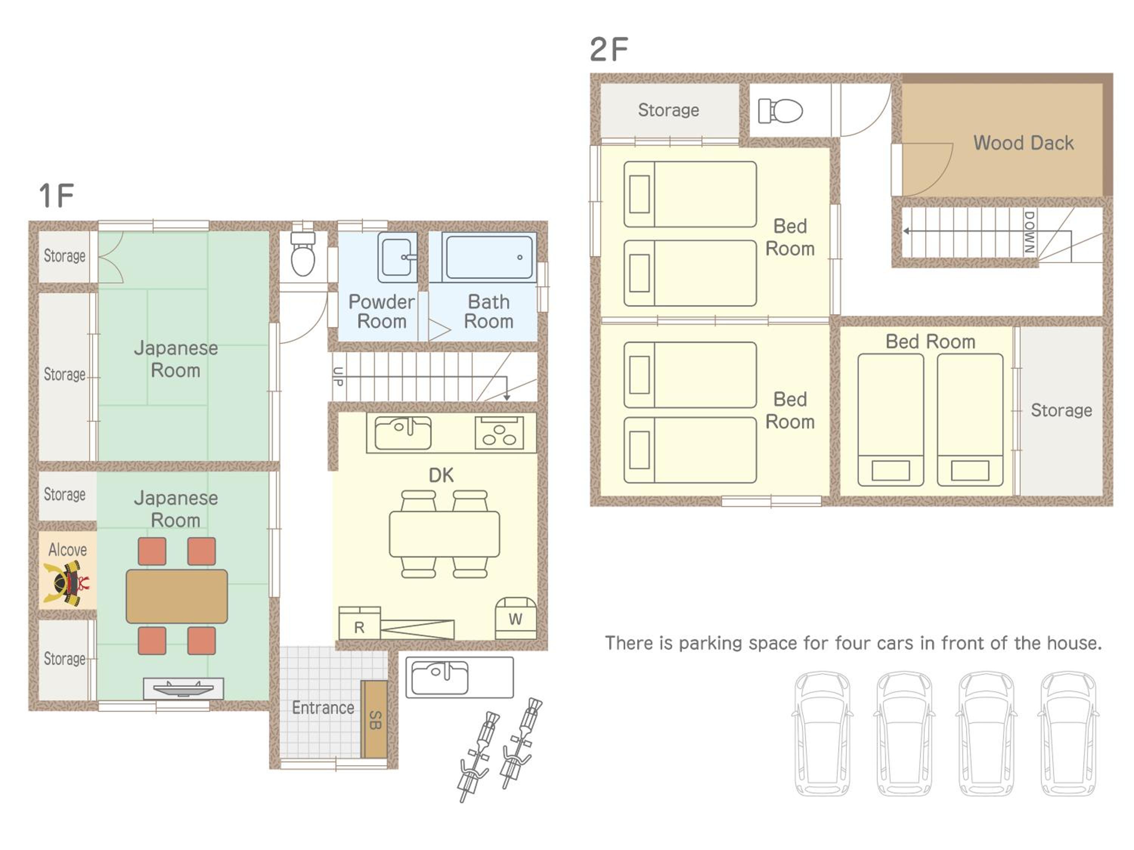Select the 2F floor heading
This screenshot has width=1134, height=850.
pyautogui.click(x=609, y=50)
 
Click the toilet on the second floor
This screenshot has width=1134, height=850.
pyautogui.click(x=780, y=111)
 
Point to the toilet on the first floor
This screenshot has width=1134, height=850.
pyautogui.click(x=303, y=253)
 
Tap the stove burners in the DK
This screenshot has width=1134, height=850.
pyautogui.click(x=499, y=433)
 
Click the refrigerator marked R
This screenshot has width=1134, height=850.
pyautogui.click(x=359, y=623)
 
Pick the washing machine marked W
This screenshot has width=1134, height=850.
pyautogui.click(x=516, y=618)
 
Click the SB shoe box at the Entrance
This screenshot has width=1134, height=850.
pyautogui.click(x=374, y=719)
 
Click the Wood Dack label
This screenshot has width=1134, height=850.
pyautogui.click(x=1023, y=143)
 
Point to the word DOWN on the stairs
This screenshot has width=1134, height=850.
pyautogui.click(x=1029, y=232)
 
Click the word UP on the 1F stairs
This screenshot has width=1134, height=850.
pyautogui.click(x=338, y=377)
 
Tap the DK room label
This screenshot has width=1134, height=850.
pyautogui.click(x=441, y=476)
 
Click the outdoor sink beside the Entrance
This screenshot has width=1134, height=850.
pyautogui.click(x=459, y=677)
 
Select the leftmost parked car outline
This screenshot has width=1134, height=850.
pyautogui.click(x=822, y=734)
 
